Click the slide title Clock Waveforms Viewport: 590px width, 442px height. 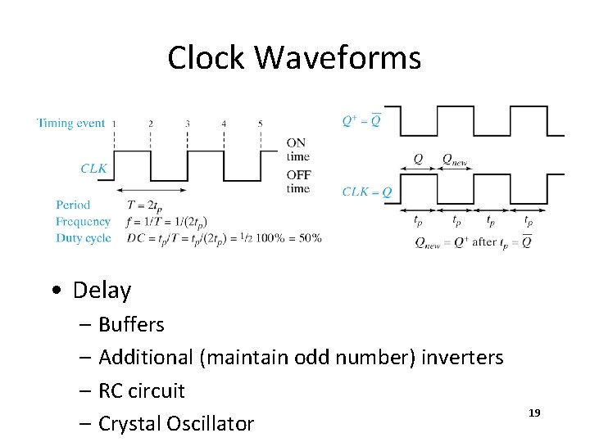(294, 57)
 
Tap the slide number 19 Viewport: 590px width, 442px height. (534, 413)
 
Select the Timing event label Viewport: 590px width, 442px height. (72, 123)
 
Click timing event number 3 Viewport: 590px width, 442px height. (188, 124)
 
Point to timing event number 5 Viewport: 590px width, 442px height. (261, 124)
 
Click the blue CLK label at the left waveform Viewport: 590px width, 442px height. (94, 168)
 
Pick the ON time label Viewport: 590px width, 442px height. (298, 149)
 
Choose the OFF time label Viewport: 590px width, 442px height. (298, 181)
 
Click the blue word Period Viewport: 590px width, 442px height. (73, 205)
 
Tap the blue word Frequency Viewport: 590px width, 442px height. (83, 221)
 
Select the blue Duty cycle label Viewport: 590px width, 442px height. (83, 238)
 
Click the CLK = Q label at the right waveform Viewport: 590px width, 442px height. (366, 192)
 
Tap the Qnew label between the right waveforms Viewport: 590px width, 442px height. (455, 160)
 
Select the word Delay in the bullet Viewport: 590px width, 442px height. (102, 291)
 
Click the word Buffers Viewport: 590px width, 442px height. (131, 325)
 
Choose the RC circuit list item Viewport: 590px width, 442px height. (142, 390)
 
